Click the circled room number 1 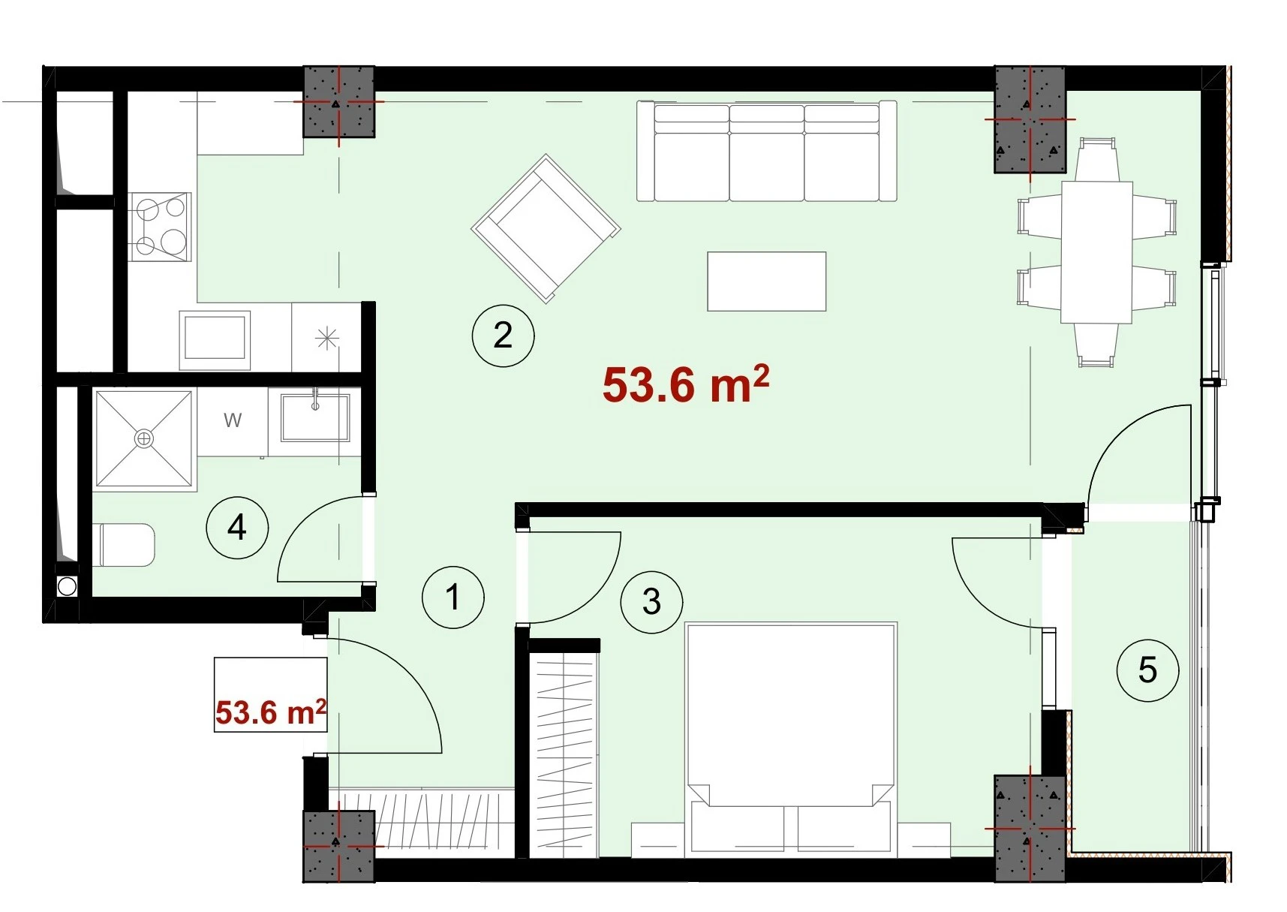pyautogui.click(x=453, y=597)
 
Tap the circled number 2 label pyautogui.click(x=503, y=335)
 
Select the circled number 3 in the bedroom pyautogui.click(x=651, y=601)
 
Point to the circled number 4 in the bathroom pyautogui.click(x=237, y=527)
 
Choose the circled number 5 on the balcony pyautogui.click(x=1147, y=670)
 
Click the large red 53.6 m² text pyautogui.click(x=686, y=384)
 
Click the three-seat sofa pyautogui.click(x=766, y=151)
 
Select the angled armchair pyautogui.click(x=546, y=228)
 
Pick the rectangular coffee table pyautogui.click(x=766, y=281)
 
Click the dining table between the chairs pyautogui.click(x=1096, y=252)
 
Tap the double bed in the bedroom pyautogui.click(x=791, y=739)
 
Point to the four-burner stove pyautogui.click(x=159, y=227)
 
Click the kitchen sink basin pyautogui.click(x=215, y=339)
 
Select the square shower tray pyautogui.click(x=143, y=439)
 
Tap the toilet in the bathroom pyautogui.click(x=127, y=544)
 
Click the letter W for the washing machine pyautogui.click(x=233, y=420)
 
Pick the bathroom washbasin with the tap pyautogui.click(x=314, y=417)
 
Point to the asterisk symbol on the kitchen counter pyautogui.click(x=326, y=339)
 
